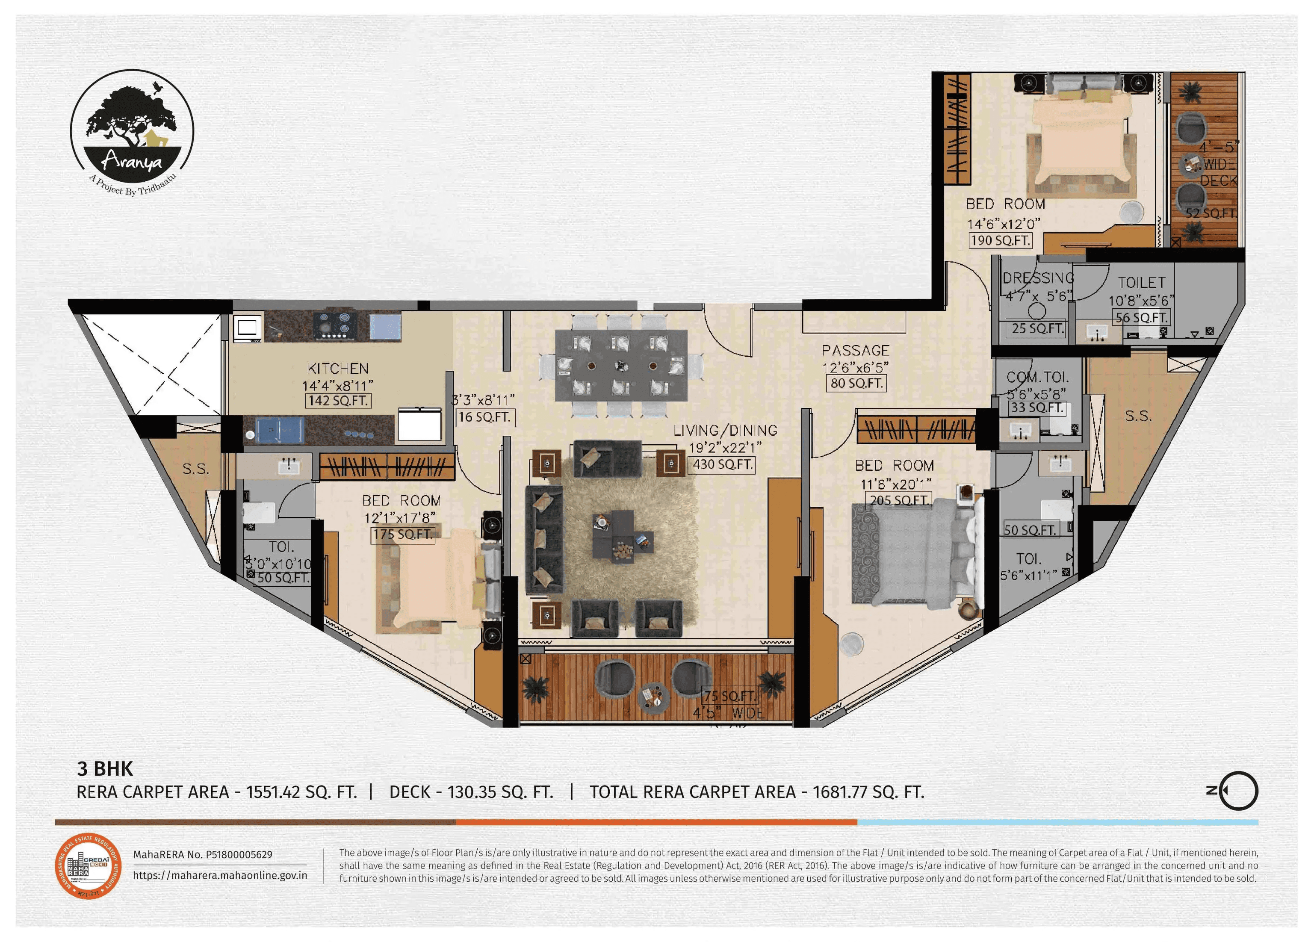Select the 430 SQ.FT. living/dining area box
coord(722,465)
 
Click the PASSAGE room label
coord(856,351)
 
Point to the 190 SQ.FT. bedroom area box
coord(1001,240)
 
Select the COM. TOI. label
coord(1037,377)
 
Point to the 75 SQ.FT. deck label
coord(729,696)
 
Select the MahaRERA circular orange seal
coord(88,865)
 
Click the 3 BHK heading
coord(105,769)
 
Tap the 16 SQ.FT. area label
coord(485,417)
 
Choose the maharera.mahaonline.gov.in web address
coord(220,875)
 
